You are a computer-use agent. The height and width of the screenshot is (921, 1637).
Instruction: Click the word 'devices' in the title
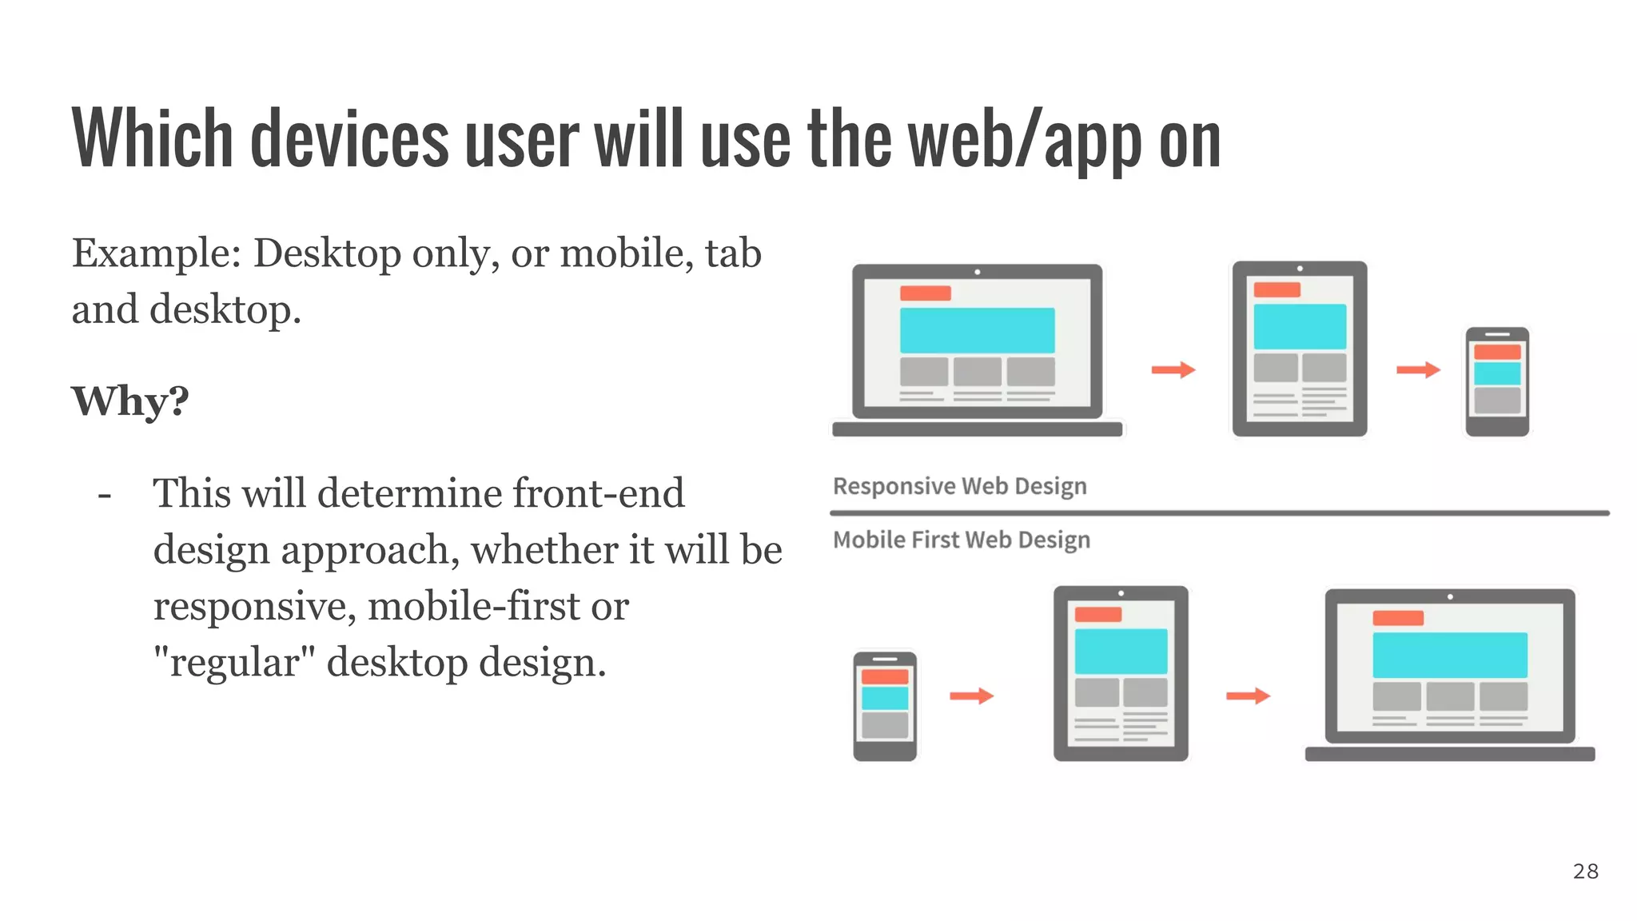[349, 140]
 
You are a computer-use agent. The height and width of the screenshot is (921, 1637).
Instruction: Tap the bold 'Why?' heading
[130, 401]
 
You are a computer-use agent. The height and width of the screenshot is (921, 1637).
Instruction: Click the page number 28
[1585, 871]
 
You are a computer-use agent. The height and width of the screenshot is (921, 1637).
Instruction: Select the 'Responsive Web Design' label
[959, 486]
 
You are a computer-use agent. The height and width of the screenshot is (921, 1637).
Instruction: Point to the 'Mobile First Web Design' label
[961, 540]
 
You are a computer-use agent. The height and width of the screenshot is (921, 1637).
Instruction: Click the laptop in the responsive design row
[977, 350]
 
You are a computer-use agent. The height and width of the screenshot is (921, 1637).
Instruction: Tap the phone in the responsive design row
[1496, 381]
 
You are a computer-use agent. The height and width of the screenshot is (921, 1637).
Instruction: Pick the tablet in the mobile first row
[1120, 673]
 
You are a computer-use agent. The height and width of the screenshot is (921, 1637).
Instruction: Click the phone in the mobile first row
[884, 706]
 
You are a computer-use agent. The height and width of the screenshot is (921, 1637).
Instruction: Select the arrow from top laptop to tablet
[1173, 369]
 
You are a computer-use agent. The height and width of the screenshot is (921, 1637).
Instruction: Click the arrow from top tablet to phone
[1417, 369]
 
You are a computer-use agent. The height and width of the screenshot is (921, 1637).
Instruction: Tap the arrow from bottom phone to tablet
[970, 696]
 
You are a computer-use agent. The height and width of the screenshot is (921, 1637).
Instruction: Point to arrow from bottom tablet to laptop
[1247, 696]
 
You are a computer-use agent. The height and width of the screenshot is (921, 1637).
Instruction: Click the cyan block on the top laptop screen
[977, 330]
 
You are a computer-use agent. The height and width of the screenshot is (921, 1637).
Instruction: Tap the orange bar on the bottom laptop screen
[1397, 618]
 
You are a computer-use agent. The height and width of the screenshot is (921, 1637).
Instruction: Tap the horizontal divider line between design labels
[1219, 512]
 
